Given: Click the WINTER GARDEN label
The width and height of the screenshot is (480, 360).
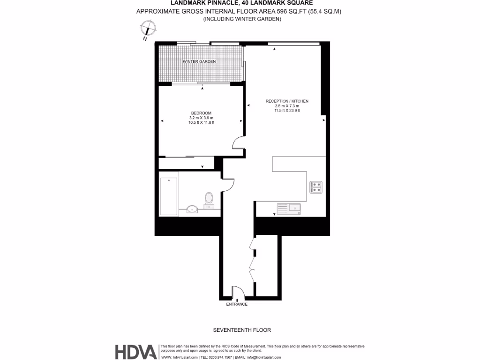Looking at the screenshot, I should (199, 62).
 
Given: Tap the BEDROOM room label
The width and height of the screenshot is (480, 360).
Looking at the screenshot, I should (201, 113).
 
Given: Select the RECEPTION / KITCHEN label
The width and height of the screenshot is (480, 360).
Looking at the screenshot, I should (287, 101).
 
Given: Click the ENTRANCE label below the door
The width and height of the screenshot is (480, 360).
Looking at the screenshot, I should (237, 304).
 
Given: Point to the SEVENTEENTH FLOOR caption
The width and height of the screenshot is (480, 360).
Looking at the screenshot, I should (242, 330).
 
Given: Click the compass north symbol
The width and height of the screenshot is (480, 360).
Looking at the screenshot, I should (149, 30).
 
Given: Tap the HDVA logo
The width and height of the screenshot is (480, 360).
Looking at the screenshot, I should (136, 352).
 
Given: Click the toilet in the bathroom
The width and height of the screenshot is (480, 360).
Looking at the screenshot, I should (209, 199).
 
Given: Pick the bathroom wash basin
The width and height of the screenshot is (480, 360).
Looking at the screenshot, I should (192, 209).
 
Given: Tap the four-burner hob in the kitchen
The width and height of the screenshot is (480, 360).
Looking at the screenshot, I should (316, 187).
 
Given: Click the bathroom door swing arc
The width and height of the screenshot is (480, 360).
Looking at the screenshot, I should (228, 187).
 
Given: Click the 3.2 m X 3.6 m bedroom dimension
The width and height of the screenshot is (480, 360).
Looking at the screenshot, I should (201, 118).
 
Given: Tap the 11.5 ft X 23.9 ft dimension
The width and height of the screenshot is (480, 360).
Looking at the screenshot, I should (287, 111).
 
